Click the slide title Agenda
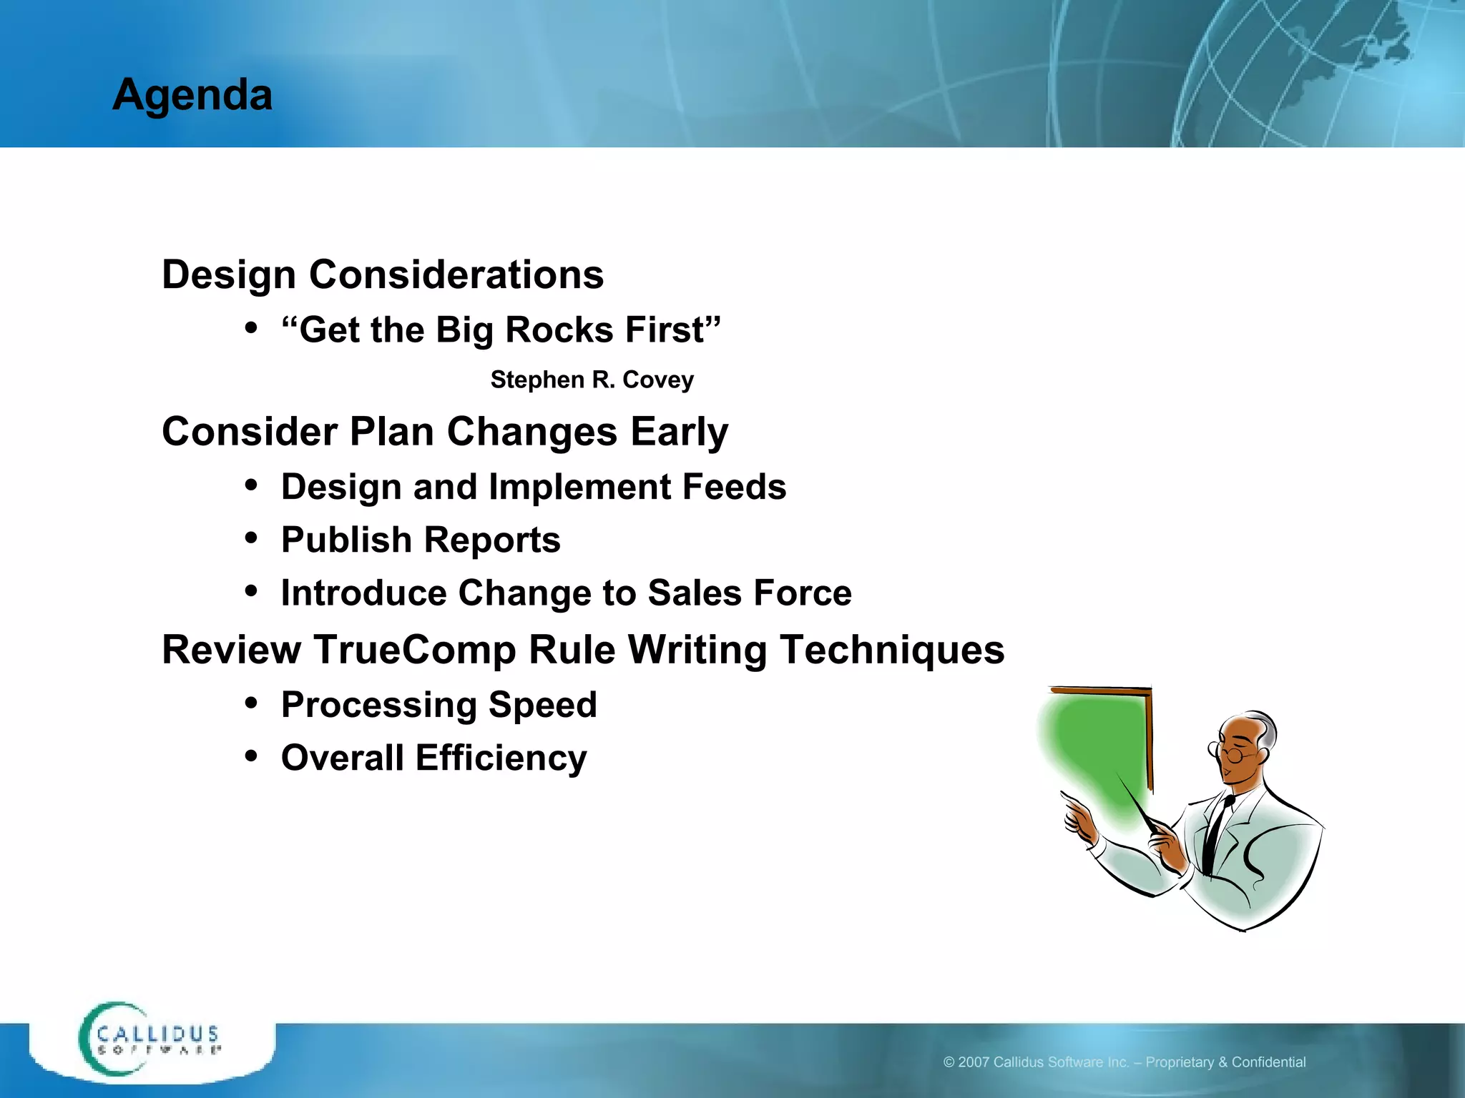point(192,94)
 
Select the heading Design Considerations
point(383,274)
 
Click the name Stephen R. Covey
point(592,380)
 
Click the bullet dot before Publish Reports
point(250,539)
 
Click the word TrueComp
point(414,650)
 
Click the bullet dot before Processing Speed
point(250,703)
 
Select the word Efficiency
point(501,758)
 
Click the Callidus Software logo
point(150,1039)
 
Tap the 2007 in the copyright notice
point(974,1062)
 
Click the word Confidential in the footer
point(1268,1062)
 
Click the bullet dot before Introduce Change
point(250,592)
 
